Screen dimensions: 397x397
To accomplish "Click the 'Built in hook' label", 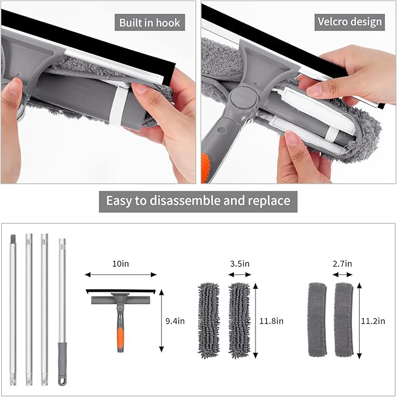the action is tap(150, 23).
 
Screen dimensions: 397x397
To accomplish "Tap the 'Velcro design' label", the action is tap(350, 22).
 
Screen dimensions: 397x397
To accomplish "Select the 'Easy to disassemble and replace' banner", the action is tap(198, 201).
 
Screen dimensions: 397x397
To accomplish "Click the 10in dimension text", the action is tap(120, 264).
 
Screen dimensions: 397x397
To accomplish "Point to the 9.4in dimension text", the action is tap(175, 321).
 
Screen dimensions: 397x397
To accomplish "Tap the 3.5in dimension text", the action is tap(240, 264).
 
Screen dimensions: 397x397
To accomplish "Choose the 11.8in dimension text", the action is tap(271, 321).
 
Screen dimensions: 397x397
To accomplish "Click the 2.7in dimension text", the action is tap(342, 264).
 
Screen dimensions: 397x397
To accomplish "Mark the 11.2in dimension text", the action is tap(373, 321).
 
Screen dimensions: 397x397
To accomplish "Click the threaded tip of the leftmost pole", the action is tap(13, 238).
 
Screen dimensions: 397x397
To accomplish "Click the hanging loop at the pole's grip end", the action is tap(62, 381).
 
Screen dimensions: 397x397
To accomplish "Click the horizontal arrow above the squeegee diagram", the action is tap(120, 274).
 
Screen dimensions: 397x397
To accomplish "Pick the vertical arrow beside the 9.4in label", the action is tap(161, 321).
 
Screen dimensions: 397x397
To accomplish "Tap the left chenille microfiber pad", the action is tap(209, 320).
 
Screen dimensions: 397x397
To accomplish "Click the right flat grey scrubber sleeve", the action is tap(344, 319).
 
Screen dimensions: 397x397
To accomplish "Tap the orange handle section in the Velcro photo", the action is tap(205, 167).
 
